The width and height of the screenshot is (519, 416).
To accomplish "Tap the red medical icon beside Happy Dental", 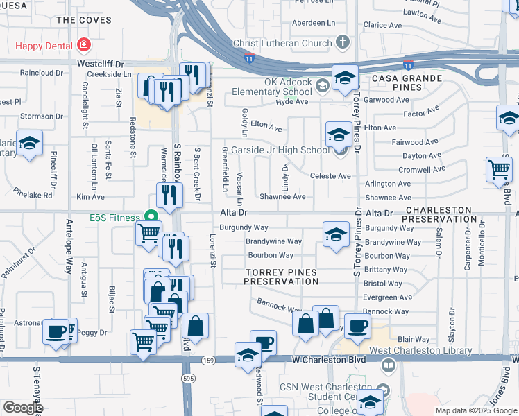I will click(x=83, y=46).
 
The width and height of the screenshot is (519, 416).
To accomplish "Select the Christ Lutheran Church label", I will click(x=282, y=43).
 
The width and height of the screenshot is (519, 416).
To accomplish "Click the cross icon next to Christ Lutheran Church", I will click(x=341, y=43).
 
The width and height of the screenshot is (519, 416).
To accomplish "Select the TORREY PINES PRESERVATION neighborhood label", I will click(x=282, y=277).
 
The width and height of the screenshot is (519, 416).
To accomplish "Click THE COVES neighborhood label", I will click(x=83, y=20).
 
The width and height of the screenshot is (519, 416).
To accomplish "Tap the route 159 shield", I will click(x=208, y=361).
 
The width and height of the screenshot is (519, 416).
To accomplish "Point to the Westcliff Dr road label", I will click(x=99, y=62).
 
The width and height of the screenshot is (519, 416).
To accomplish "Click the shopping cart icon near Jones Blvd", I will click(x=499, y=168).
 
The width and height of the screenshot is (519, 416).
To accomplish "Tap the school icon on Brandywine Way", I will click(x=335, y=233).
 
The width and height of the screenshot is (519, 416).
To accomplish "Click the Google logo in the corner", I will click(x=22, y=408).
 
